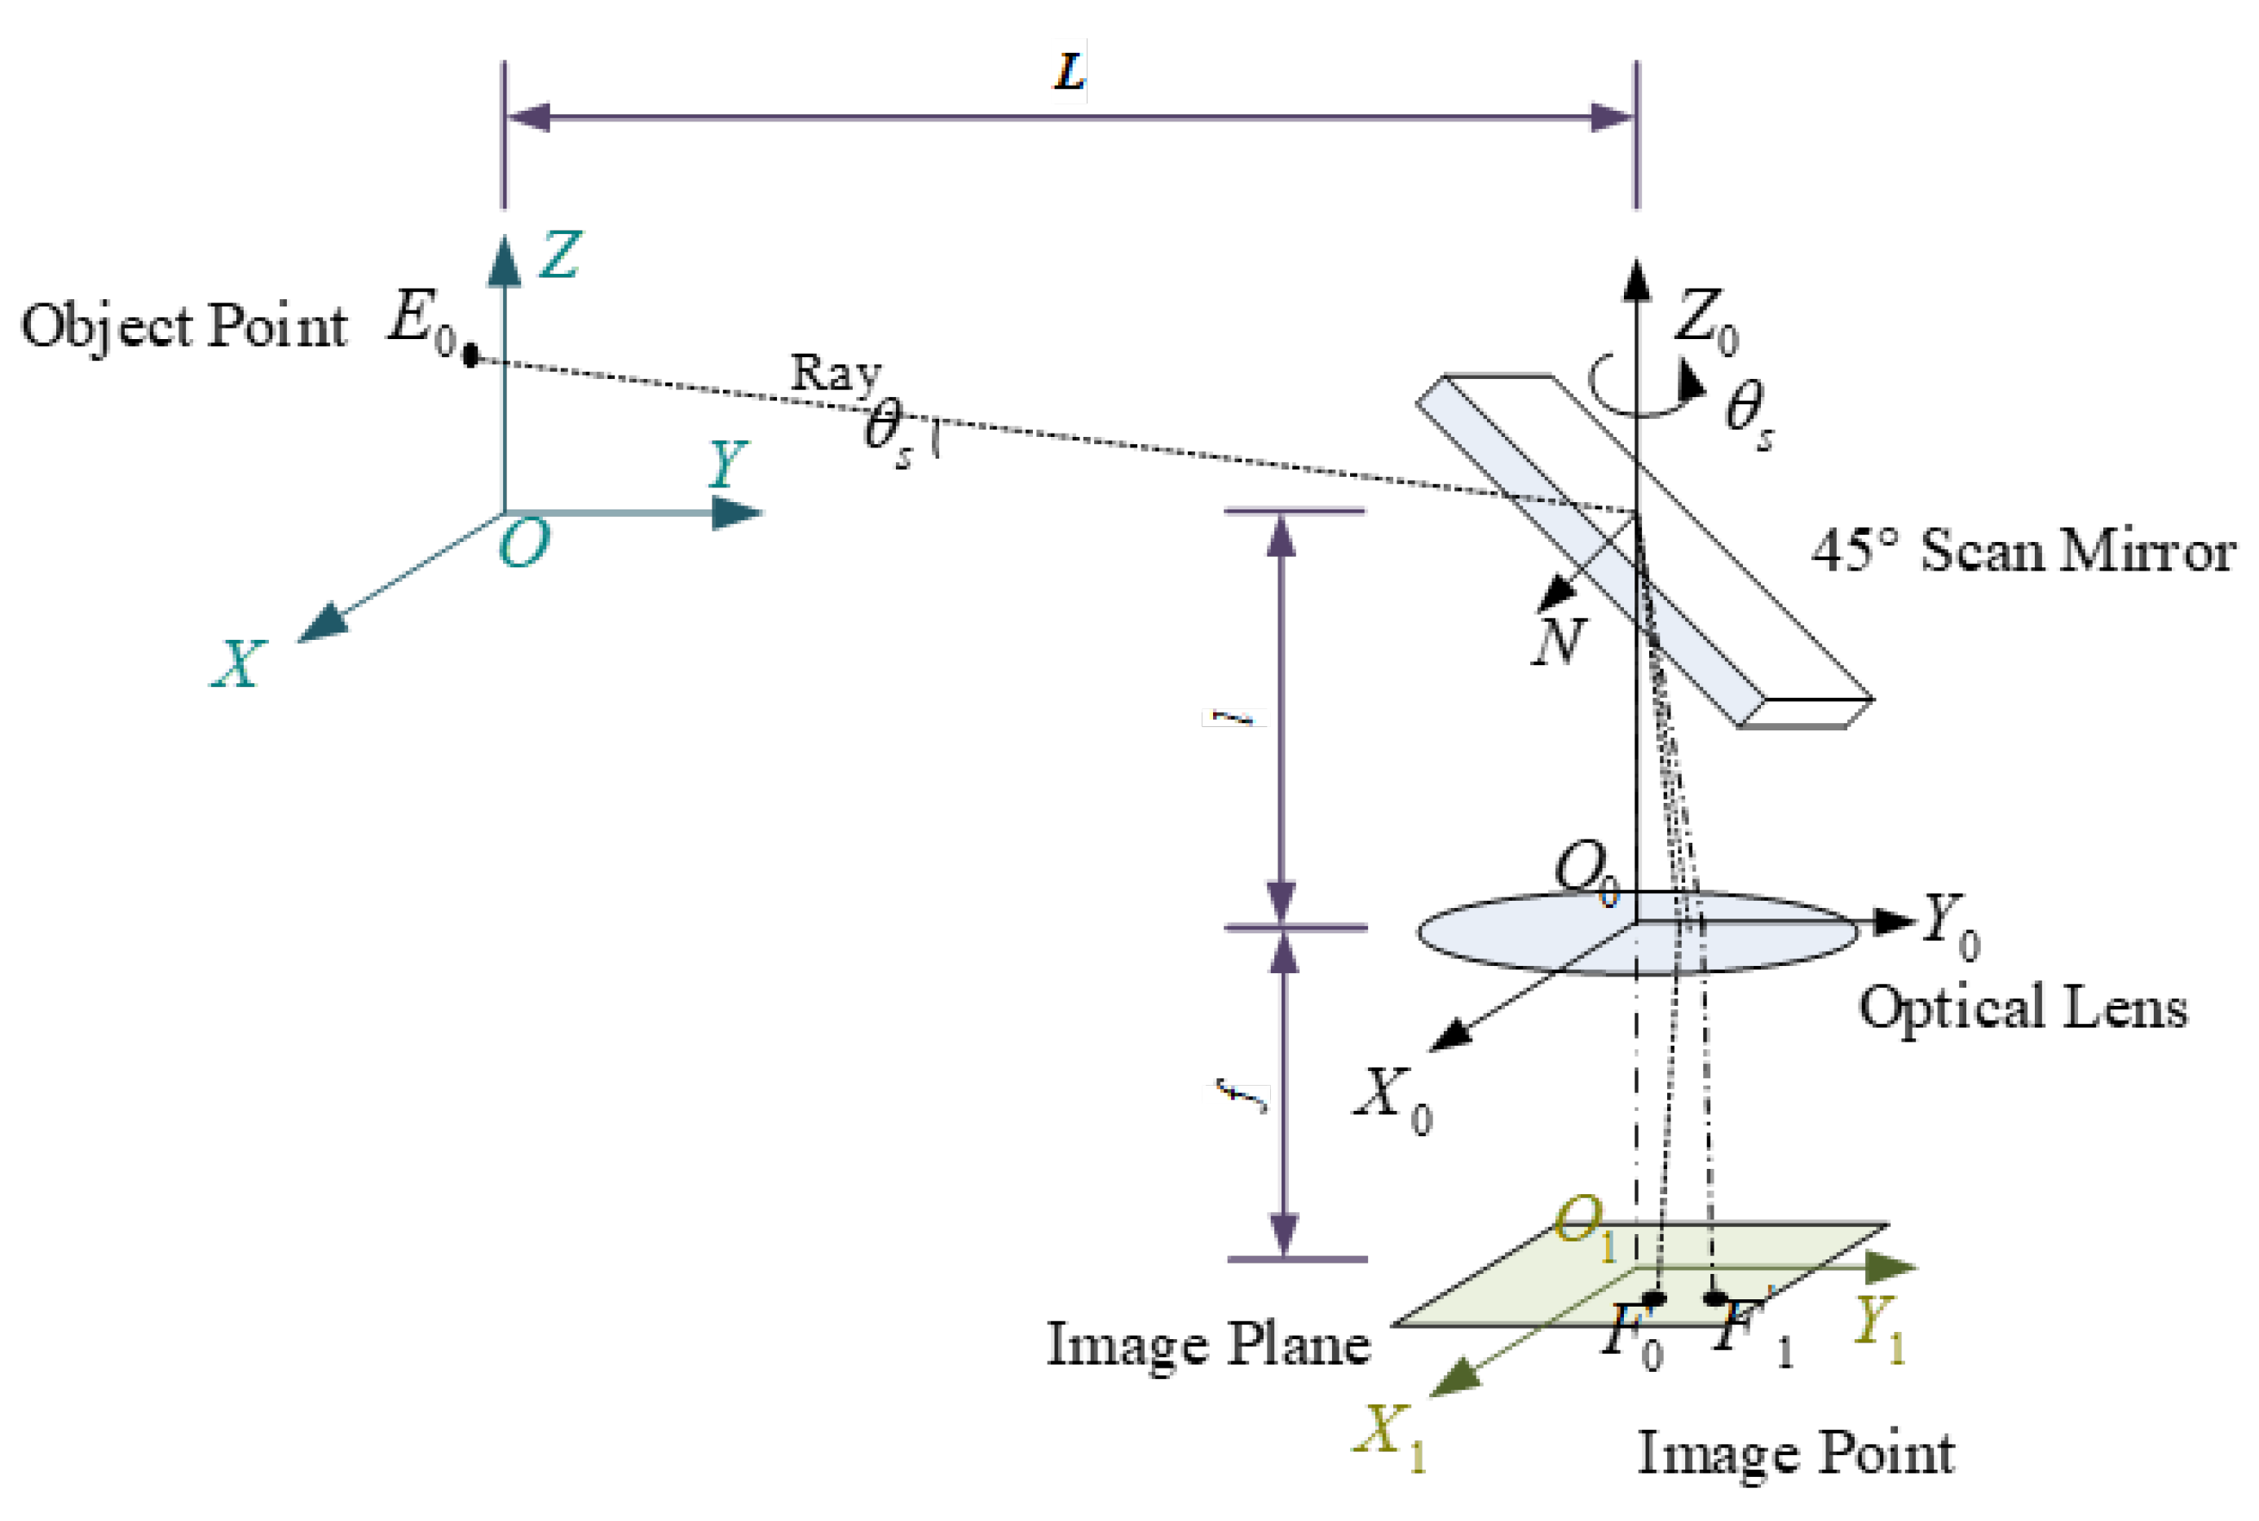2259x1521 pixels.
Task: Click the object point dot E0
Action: pyautogui.click(x=470, y=356)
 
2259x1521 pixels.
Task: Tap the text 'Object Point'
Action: pyautogui.click(x=184, y=327)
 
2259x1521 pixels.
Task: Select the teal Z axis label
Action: pyautogui.click(x=560, y=255)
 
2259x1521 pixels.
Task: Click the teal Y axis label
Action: pyautogui.click(x=727, y=463)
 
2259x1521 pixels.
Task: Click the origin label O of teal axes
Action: pyautogui.click(x=523, y=543)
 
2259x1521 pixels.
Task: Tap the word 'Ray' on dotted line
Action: pyautogui.click(x=835, y=373)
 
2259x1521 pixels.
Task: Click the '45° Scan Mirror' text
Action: pyautogui.click(x=2023, y=551)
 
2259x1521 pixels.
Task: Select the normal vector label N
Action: pyautogui.click(x=1558, y=641)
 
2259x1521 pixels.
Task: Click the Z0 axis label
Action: pyautogui.click(x=1707, y=320)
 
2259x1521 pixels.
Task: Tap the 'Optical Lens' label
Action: pyautogui.click(x=2023, y=1007)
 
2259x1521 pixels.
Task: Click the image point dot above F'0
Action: pyautogui.click(x=1655, y=1298)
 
